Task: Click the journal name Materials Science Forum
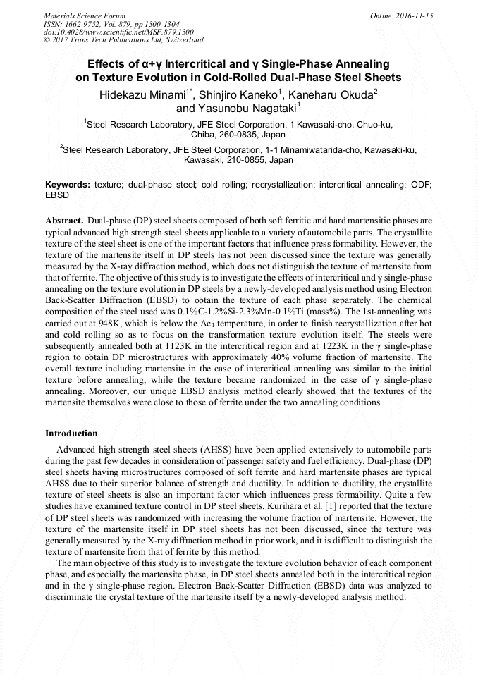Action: click(x=85, y=15)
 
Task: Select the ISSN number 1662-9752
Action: click(x=90, y=23)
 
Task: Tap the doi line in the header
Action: click(x=118, y=32)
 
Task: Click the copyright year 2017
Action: click(x=63, y=40)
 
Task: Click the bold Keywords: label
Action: click(x=68, y=184)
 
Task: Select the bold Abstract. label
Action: click(x=65, y=220)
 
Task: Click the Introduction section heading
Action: click(x=71, y=433)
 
